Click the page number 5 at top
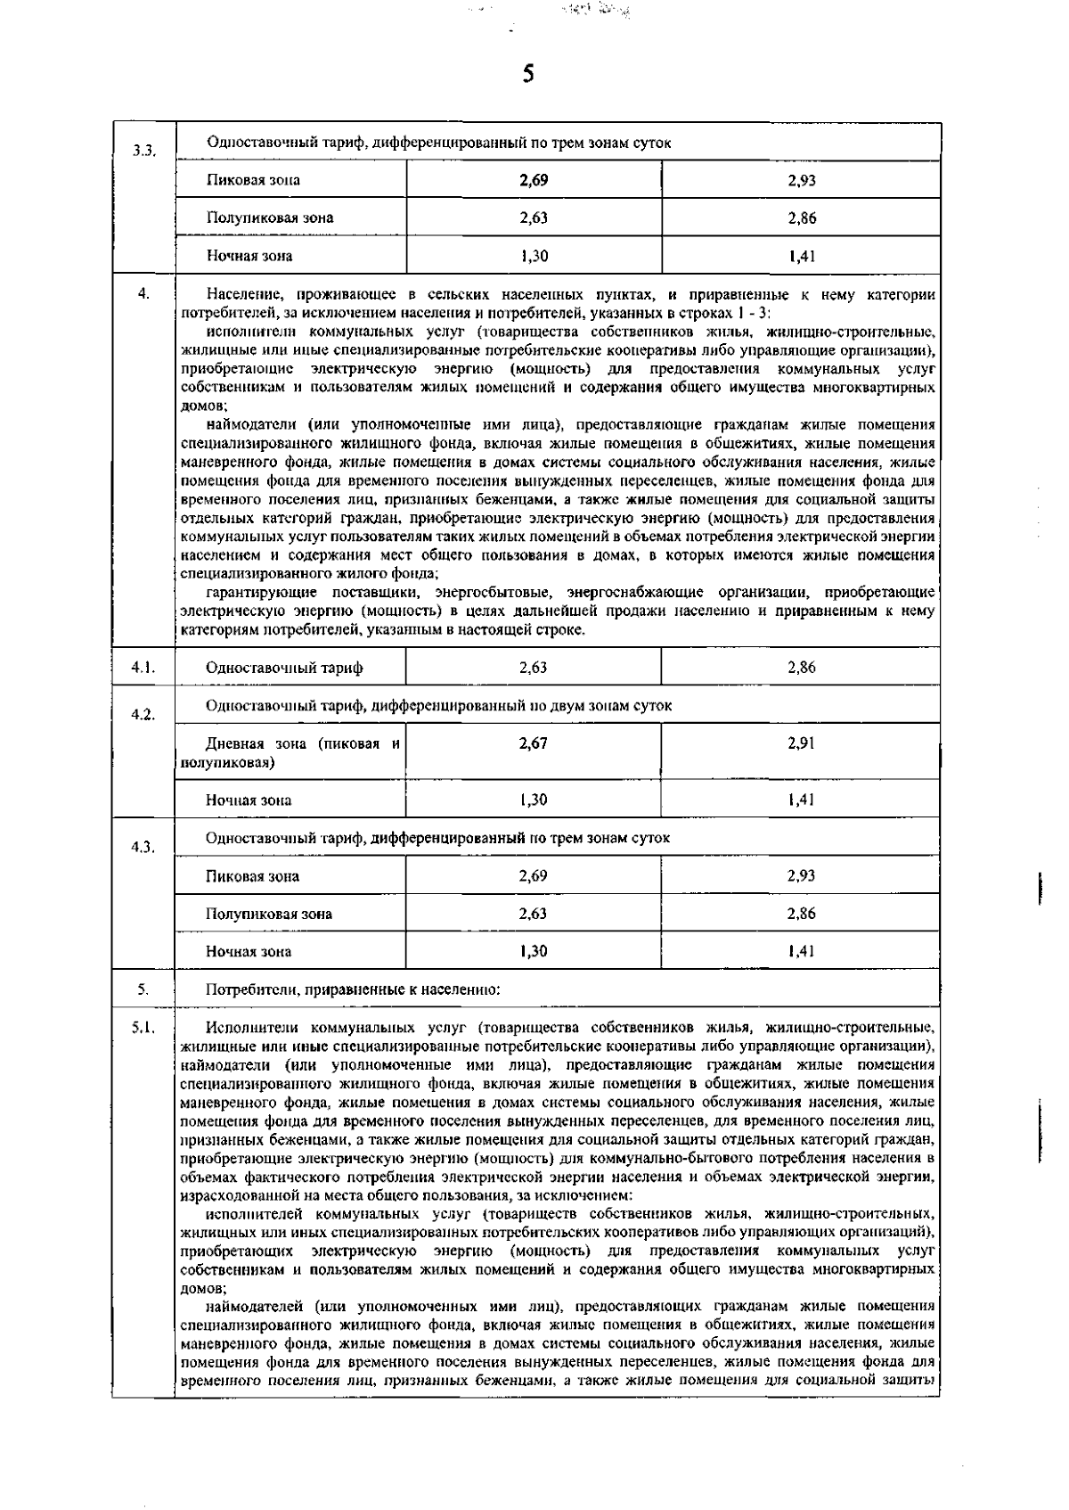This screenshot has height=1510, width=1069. tap(527, 74)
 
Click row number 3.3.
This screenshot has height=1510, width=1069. tap(143, 151)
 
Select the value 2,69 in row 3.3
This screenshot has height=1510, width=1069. tap(534, 180)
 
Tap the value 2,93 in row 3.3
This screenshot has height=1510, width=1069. tap(801, 180)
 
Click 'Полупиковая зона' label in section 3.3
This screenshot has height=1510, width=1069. tap(270, 217)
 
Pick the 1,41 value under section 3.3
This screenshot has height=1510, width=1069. tap(801, 257)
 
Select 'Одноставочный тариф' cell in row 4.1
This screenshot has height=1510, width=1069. tap(284, 668)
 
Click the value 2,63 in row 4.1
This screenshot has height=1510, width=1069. tap(533, 668)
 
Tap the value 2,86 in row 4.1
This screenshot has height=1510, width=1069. tap(801, 668)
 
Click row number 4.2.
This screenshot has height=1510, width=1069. tap(143, 714)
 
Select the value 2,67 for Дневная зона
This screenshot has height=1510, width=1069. tap(533, 743)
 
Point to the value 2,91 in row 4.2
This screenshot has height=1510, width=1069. tap(801, 743)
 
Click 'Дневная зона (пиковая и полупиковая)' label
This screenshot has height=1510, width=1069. tap(290, 753)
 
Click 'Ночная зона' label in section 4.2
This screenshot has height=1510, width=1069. tap(249, 800)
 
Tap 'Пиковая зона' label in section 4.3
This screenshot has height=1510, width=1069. tap(252, 876)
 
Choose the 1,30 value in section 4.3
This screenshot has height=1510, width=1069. tap(533, 951)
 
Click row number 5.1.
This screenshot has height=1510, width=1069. tap(143, 1028)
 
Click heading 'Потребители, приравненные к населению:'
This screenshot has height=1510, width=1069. tap(353, 989)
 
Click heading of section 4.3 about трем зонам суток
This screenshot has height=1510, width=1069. tap(437, 838)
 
